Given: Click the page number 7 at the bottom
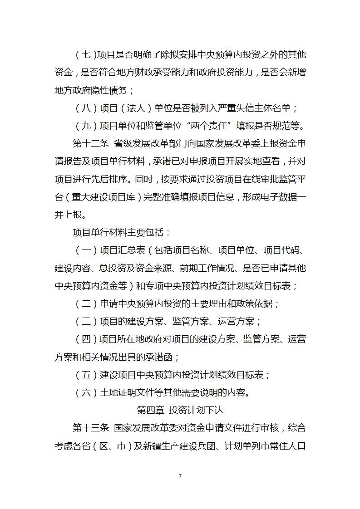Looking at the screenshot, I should pos(180,475).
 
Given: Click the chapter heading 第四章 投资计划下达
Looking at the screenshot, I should pos(180,410).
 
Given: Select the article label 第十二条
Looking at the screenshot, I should pos(91,144).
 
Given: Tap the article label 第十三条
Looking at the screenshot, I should pos(91,427).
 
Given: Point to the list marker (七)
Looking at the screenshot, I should pos(86,55).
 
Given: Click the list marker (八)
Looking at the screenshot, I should pos(86,108).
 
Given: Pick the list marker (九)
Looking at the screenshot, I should pos(86,126).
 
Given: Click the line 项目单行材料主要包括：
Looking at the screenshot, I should pos(122,233).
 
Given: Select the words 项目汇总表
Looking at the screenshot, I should pos(122,250).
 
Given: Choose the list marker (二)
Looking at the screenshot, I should pos(86,303).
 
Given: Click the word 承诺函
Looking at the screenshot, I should pos(159,357).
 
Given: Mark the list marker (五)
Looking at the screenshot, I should pos(86,375).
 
